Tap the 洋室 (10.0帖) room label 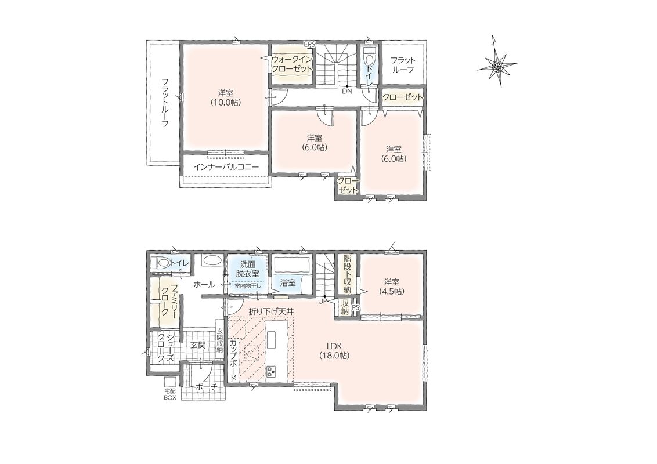pos(226,97)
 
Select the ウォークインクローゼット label pos(291,64)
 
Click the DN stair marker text pos(347,91)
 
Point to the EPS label pos(310,43)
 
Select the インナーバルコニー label pos(226,167)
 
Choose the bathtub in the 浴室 pos(291,265)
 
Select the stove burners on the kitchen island pos(271,371)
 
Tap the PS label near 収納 pos(356,307)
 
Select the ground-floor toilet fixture pos(161,263)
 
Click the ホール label pos(204,285)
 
